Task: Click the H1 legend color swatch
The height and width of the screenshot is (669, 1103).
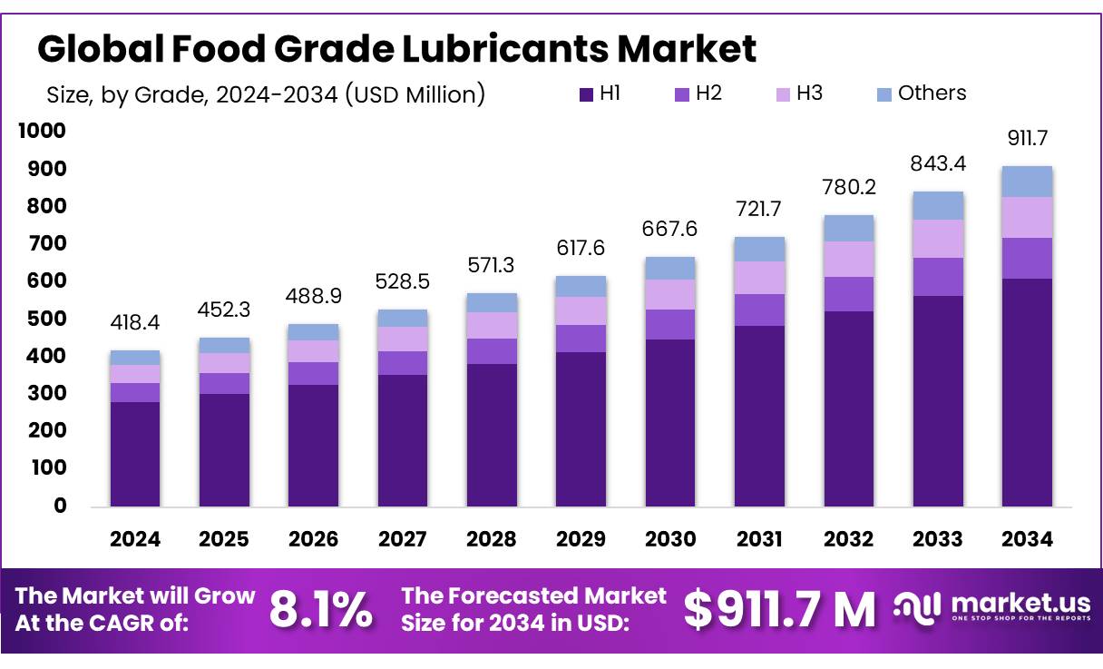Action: coord(585,93)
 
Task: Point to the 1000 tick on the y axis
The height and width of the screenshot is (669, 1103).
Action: coord(43,132)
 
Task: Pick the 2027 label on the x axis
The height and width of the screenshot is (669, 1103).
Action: coord(402,539)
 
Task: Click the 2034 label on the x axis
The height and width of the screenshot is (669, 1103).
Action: coord(1027,539)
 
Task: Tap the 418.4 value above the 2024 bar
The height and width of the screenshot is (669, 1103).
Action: coord(134,324)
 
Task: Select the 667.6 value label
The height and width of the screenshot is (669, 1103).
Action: coord(669,229)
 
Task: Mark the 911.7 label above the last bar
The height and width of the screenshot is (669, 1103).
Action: coord(1027,139)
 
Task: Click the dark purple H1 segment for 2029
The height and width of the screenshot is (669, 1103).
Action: coord(581,428)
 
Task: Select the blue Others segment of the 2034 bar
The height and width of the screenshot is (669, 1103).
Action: coord(1027,182)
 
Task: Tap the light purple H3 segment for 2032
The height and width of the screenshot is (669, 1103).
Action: coord(848,259)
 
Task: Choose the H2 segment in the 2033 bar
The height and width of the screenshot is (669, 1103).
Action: coord(937,276)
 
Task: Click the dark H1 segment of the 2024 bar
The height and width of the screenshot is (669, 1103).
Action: coord(134,454)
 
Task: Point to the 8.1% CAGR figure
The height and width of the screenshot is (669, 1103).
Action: coord(320,610)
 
